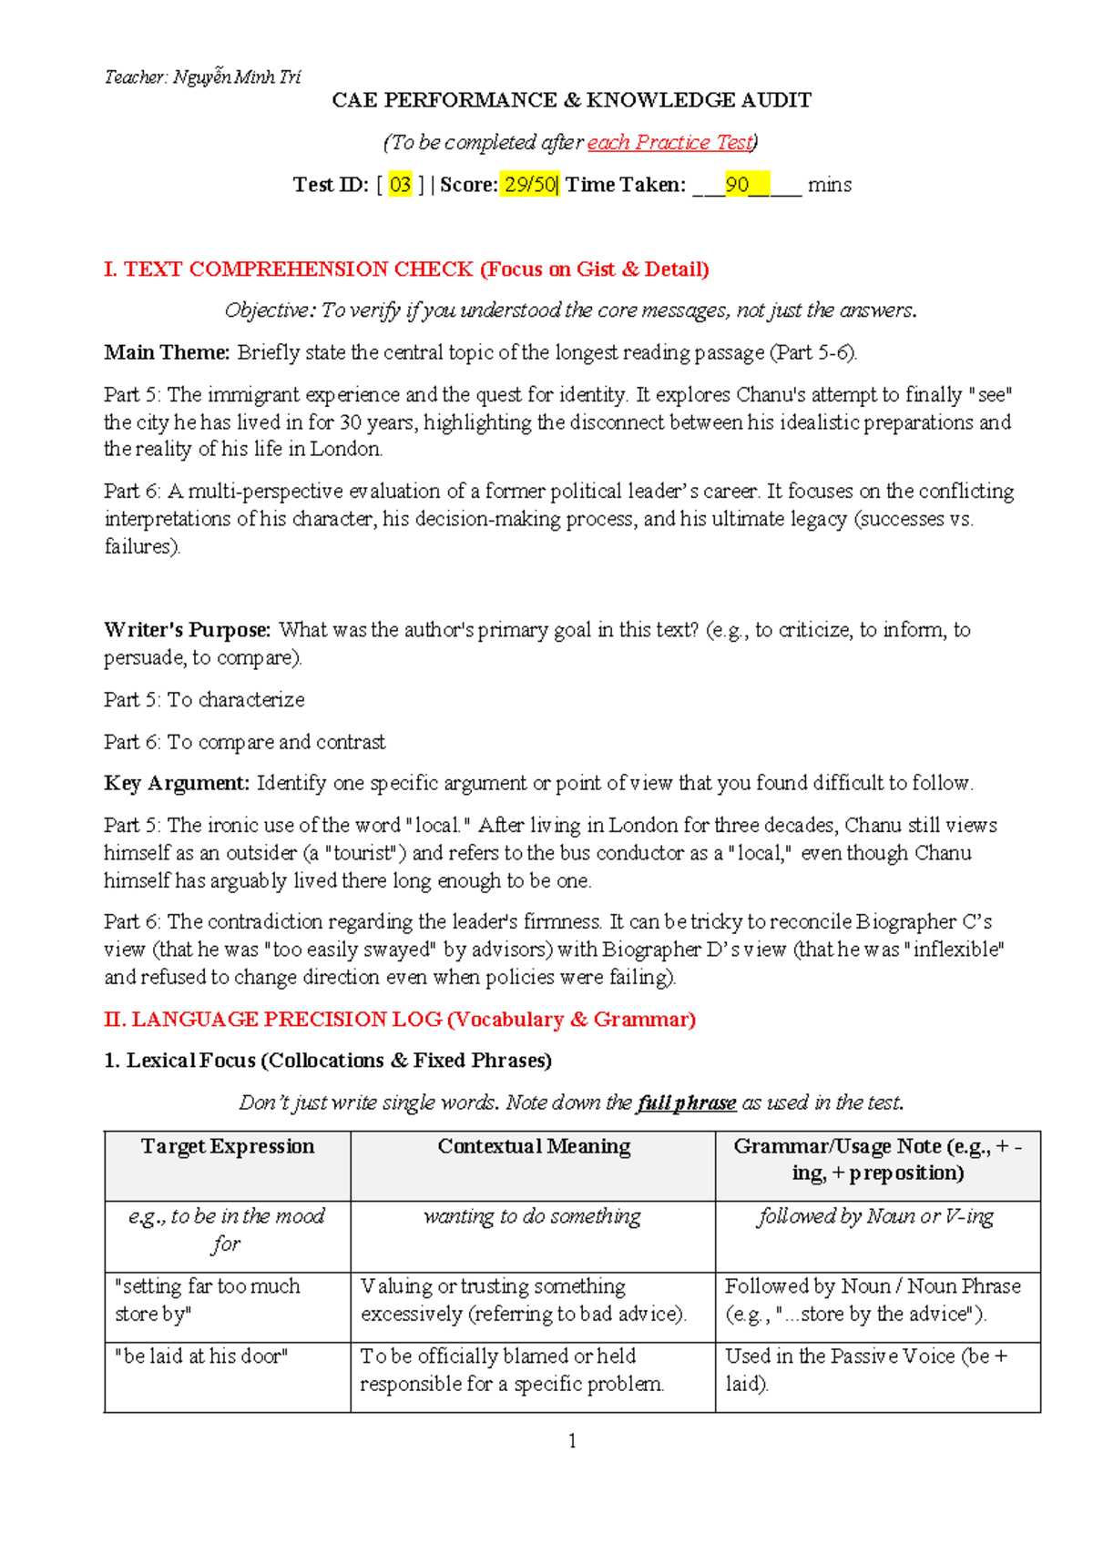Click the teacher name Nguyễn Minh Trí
pyautogui.click(x=236, y=77)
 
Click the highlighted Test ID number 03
pyautogui.click(x=400, y=185)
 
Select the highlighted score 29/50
pyautogui.click(x=529, y=185)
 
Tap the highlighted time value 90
pyautogui.click(x=737, y=185)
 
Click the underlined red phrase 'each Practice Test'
pyautogui.click(x=670, y=143)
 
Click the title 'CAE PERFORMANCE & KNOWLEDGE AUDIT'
pyautogui.click(x=571, y=100)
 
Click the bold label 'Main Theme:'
pyautogui.click(x=167, y=353)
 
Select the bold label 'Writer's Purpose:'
pyautogui.click(x=187, y=630)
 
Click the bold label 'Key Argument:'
pyautogui.click(x=177, y=784)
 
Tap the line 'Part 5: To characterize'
pyautogui.click(x=204, y=700)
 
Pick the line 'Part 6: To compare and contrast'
pyautogui.click(x=244, y=742)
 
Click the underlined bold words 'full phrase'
pyautogui.click(x=687, y=1103)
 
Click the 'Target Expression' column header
pyautogui.click(x=228, y=1147)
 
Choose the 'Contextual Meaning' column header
pyautogui.click(x=534, y=1147)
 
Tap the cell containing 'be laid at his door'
pyautogui.click(x=201, y=1356)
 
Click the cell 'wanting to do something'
pyautogui.click(x=533, y=1217)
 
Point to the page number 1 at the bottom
pyautogui.click(x=572, y=1441)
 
